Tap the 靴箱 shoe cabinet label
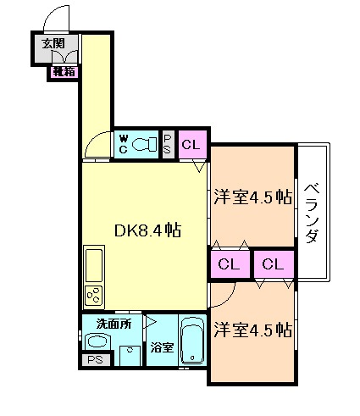pos(64,72)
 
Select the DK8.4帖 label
pos(146,230)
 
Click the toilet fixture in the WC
pos(147,144)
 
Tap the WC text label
pos(124,144)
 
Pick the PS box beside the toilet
pos(168,144)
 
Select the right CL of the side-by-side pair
pos(272,264)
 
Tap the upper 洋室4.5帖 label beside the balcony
pos(252,198)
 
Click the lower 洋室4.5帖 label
pos(252,330)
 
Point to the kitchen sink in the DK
pos(93,267)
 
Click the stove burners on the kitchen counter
pos(93,297)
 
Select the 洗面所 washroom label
pos(112,323)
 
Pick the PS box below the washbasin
pos(95,360)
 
